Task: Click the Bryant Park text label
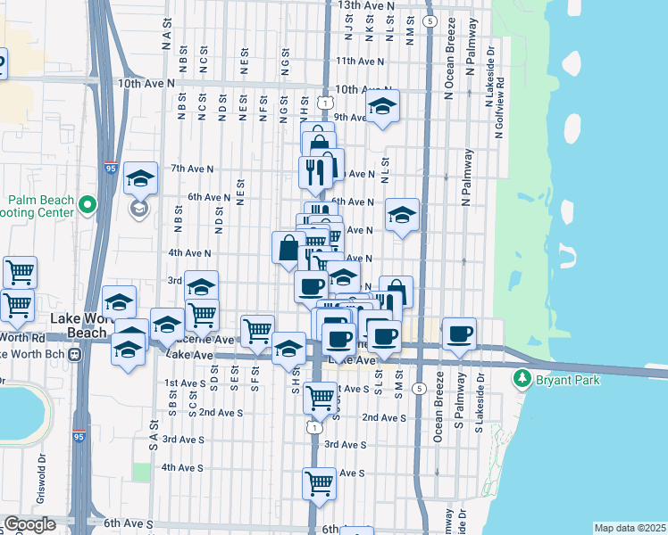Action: click(x=568, y=381)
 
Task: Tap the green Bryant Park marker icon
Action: click(x=522, y=380)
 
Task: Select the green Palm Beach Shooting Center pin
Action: click(x=87, y=206)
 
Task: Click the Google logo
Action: click(x=29, y=524)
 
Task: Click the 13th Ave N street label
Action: click(x=365, y=5)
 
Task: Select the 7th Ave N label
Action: click(x=192, y=168)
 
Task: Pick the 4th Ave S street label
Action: click(x=183, y=467)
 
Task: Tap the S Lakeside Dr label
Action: click(x=480, y=403)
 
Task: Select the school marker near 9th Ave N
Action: click(x=382, y=106)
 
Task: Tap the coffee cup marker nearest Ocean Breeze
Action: click(x=459, y=333)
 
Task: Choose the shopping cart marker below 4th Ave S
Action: click(x=319, y=483)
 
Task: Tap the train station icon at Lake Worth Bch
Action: click(x=75, y=354)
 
